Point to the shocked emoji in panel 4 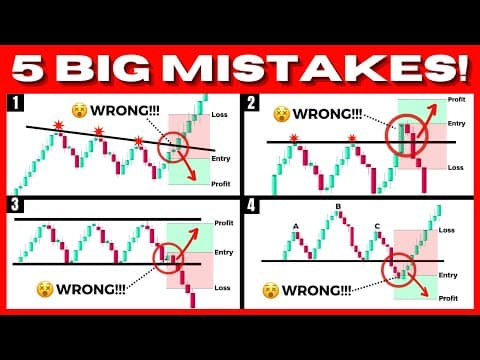click(x=272, y=291)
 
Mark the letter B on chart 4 click(x=338, y=208)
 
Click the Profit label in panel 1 click(x=222, y=183)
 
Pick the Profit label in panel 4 click(x=448, y=298)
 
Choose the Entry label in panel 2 click(x=457, y=123)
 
